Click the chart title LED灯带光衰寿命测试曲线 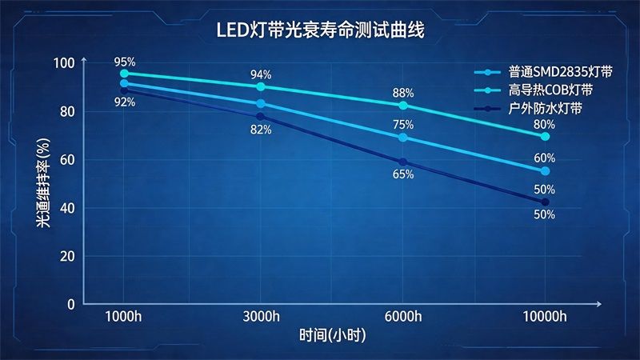[319, 30]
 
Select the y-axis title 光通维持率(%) [42, 184]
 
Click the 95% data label [124, 61]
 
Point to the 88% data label [403, 93]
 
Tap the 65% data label [403, 174]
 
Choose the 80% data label [545, 124]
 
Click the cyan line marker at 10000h [545, 137]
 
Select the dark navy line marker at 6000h [403, 162]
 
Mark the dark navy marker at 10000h [545, 202]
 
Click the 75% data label [403, 125]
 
